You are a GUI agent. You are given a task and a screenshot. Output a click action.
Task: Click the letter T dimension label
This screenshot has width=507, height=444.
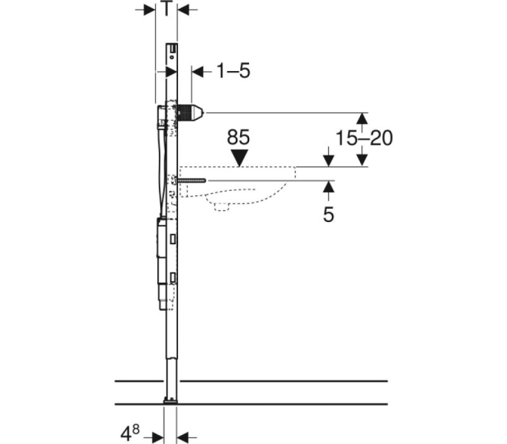[x=166, y=9]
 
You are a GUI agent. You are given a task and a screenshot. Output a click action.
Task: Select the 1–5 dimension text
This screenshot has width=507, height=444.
[x=233, y=71]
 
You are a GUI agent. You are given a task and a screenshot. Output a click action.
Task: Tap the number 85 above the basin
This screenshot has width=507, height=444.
[x=238, y=137]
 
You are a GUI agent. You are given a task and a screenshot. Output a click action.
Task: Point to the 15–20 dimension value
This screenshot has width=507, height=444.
[x=364, y=138]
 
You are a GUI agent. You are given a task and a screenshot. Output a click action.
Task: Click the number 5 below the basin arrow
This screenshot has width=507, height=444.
[x=328, y=214]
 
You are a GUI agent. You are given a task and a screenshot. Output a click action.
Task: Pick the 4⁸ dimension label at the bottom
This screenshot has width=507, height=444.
[x=130, y=433]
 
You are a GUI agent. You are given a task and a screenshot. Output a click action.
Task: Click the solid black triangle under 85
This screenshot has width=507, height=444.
[x=240, y=158]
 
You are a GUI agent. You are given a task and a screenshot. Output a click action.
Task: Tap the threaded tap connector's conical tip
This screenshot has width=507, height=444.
[x=198, y=112]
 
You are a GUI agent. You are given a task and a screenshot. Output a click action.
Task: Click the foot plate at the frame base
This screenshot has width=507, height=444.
[x=170, y=402]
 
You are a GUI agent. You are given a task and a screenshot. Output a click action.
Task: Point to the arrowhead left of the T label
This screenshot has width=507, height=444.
[x=150, y=10]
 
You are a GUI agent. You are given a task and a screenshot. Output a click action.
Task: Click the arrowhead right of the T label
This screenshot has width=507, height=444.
[x=183, y=10]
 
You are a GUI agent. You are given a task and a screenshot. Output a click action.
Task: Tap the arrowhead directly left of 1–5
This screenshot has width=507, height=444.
[x=198, y=72]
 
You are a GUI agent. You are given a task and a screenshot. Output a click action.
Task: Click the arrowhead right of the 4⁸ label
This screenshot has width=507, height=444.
[x=183, y=436]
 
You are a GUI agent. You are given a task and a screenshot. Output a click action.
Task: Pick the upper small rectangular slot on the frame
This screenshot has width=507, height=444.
[x=173, y=239]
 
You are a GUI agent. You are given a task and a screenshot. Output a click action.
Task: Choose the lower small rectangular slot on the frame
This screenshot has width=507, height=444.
[x=173, y=278]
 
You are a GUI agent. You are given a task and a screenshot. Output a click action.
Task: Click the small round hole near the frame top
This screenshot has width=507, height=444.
[x=172, y=57]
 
